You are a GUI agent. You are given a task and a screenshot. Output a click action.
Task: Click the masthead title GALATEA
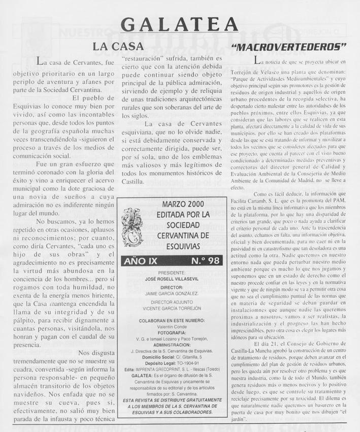coord(180,23)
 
